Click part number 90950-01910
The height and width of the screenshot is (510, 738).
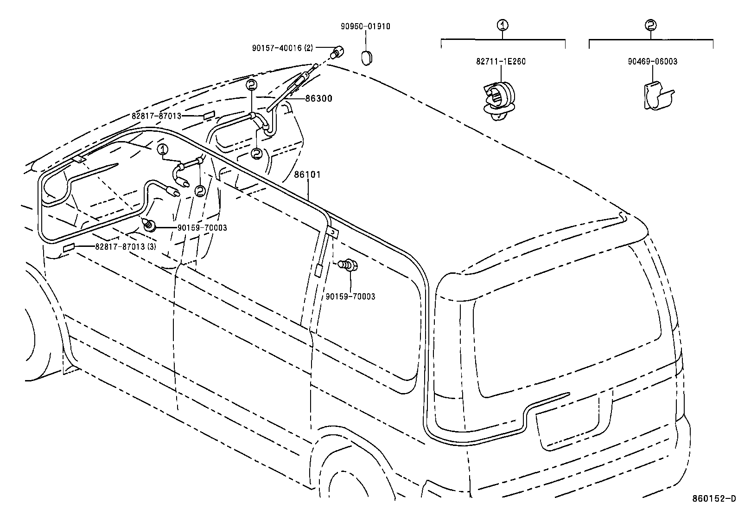(365, 26)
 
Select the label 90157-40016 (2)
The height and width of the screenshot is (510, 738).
(283, 48)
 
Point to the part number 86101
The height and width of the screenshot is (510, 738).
(307, 174)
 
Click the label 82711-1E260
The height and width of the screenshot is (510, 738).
(501, 61)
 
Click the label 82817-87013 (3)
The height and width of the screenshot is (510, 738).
(125, 246)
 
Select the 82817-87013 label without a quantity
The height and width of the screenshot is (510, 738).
(156, 116)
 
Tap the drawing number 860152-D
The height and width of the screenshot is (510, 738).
(713, 499)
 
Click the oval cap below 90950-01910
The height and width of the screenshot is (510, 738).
(367, 58)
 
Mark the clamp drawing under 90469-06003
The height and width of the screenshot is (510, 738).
(657, 97)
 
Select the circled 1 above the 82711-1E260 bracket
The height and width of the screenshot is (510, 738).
(503, 25)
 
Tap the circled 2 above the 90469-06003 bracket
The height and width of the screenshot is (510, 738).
(651, 25)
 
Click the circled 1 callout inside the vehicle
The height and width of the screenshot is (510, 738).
(162, 149)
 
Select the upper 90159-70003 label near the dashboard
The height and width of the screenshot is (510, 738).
(202, 227)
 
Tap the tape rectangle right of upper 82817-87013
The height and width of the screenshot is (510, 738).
(210, 115)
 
